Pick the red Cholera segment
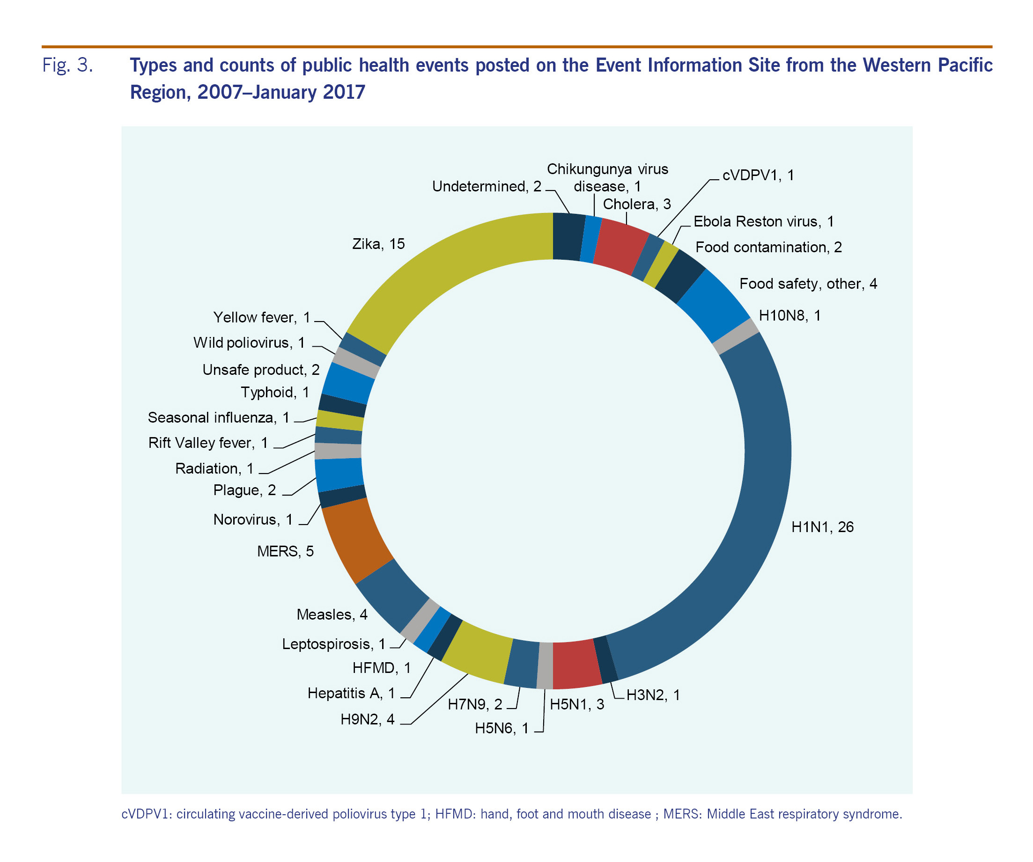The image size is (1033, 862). pyautogui.click(x=621, y=245)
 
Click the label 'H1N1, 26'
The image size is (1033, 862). pyautogui.click(x=822, y=527)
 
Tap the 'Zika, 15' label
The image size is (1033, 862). pyautogui.click(x=378, y=244)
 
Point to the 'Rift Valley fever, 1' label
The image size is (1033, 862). pyautogui.click(x=208, y=443)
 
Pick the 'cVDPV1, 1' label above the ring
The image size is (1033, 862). pyautogui.click(x=758, y=175)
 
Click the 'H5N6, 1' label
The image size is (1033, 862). pyautogui.click(x=501, y=728)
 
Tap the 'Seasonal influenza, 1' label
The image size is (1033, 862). pyautogui.click(x=218, y=417)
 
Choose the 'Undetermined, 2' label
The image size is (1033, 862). pyautogui.click(x=487, y=186)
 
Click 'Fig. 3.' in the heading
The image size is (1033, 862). pyautogui.click(x=67, y=65)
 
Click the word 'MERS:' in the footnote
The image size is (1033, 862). pyautogui.click(x=683, y=814)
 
